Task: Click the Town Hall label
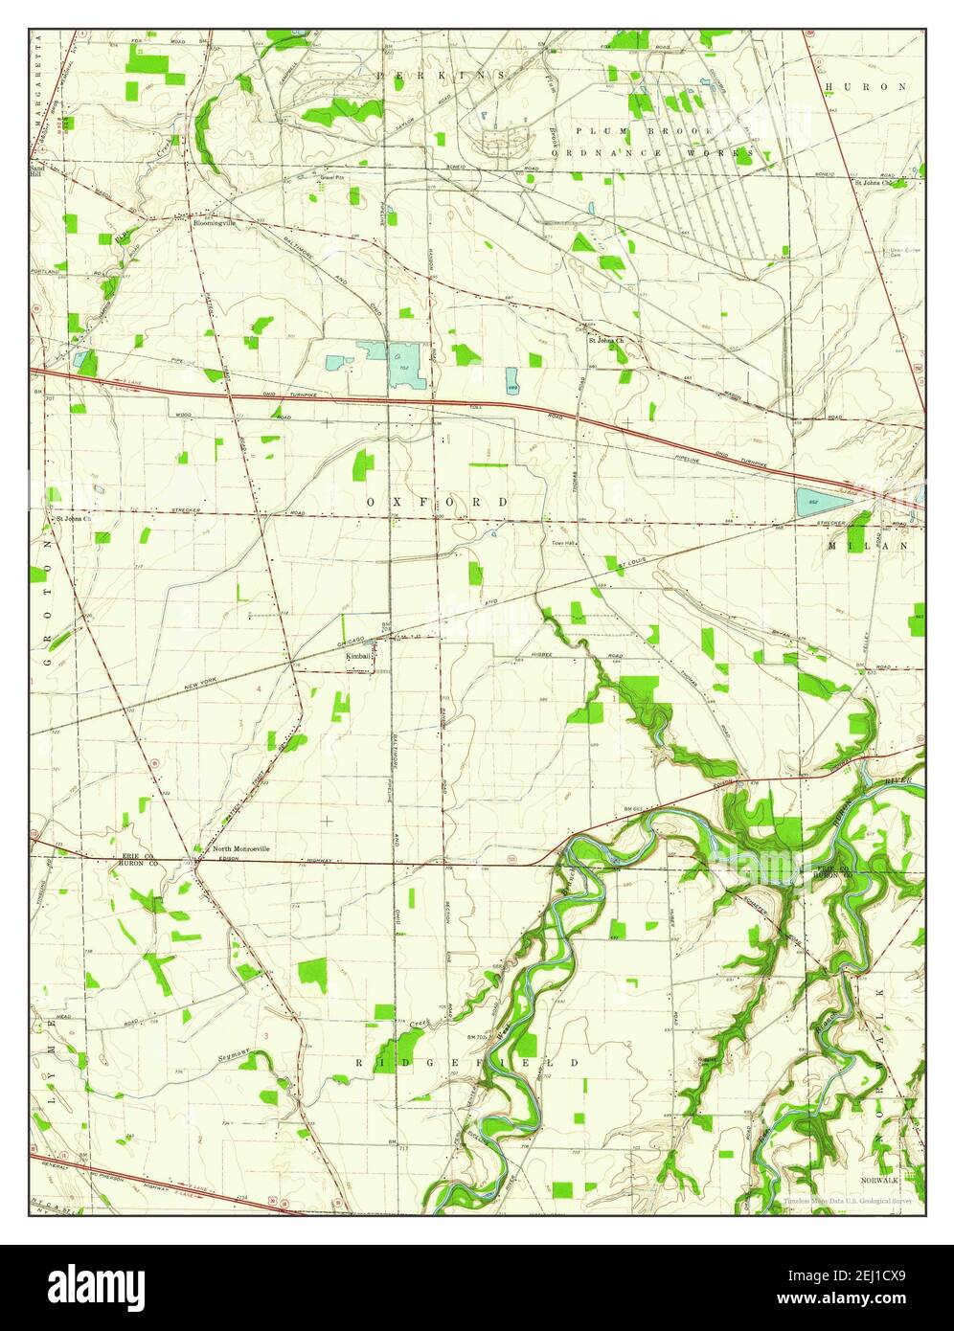click(561, 543)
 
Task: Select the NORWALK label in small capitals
click(877, 1181)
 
